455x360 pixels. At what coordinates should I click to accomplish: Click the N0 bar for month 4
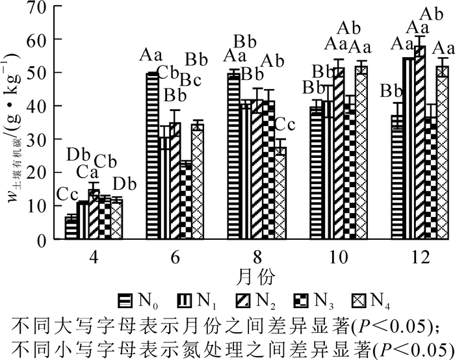click(71, 228)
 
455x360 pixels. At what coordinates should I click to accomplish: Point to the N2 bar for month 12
click(421, 142)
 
